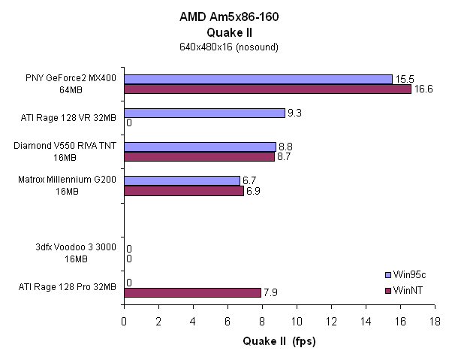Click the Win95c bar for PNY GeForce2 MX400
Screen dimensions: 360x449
coord(258,79)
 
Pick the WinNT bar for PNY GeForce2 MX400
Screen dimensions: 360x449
coord(267,89)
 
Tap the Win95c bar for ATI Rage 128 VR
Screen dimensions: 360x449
coord(204,113)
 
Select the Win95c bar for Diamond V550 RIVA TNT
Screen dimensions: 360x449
coord(200,147)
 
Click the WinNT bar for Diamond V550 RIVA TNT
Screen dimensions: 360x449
coord(199,156)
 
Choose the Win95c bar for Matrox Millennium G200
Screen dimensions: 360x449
coord(182,180)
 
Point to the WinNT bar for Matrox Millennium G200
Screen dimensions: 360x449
coord(183,190)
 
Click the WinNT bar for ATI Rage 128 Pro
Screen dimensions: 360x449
coord(192,292)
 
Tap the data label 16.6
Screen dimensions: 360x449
coord(423,89)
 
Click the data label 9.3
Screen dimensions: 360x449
coord(296,113)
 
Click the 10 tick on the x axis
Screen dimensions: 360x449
coord(297,321)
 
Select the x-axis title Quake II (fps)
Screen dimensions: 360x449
coord(279,342)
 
